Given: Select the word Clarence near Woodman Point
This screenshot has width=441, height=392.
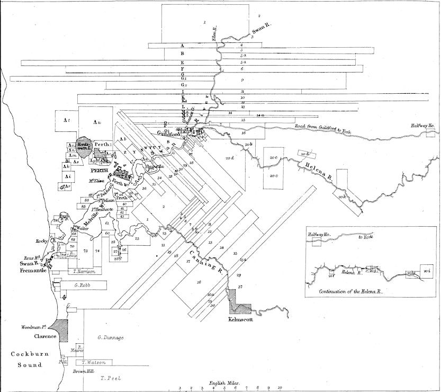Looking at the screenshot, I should click(x=32, y=336).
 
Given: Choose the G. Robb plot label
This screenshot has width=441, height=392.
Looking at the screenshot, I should click(x=84, y=285).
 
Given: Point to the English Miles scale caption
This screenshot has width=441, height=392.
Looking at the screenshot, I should click(x=226, y=382).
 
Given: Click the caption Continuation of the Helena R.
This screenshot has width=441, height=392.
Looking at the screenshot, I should click(x=351, y=291).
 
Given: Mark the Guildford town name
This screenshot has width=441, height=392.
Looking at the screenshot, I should click(x=169, y=133).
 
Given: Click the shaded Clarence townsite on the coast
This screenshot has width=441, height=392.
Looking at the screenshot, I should click(x=61, y=329).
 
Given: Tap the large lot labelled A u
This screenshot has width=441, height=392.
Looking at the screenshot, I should click(x=96, y=122).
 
